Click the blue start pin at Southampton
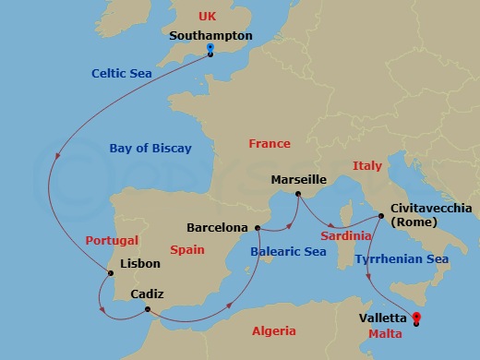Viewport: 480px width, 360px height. point(210,49)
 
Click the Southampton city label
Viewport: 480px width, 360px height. point(210,35)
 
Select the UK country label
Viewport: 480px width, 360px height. point(210,17)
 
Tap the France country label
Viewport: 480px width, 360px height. point(270,144)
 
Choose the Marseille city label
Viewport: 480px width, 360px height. point(300,179)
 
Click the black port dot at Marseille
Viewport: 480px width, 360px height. point(297,194)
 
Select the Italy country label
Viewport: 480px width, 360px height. point(366,165)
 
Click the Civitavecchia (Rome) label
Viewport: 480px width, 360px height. point(431,215)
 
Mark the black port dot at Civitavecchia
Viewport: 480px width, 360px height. point(381,216)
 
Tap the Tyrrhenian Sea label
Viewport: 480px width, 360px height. point(402,259)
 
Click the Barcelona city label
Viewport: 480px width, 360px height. point(217,226)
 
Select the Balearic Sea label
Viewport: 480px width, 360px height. point(290,249)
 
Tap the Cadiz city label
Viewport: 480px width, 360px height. point(148,294)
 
